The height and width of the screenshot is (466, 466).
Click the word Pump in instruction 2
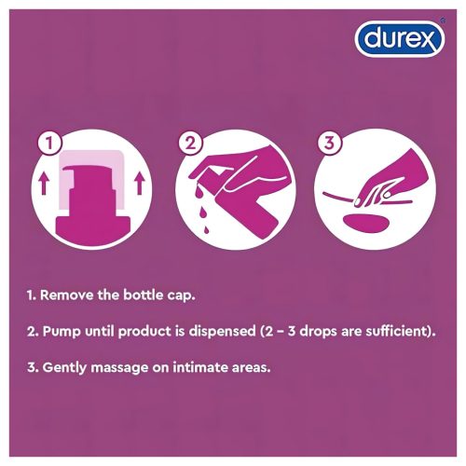click(x=64, y=331)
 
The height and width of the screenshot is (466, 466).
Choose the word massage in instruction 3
click(x=124, y=367)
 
